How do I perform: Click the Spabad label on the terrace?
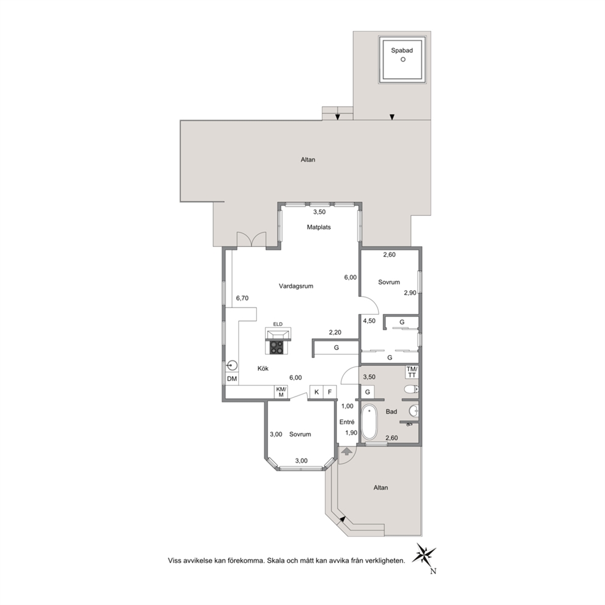pos(402,51)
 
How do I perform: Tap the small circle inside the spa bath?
pos(403,59)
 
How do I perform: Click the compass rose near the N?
pos(424,554)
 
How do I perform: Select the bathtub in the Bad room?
pos(369,421)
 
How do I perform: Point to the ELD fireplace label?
pos(278,324)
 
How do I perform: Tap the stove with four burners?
pos(276,347)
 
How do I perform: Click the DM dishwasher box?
pos(232,379)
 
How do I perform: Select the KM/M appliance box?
pos(281,392)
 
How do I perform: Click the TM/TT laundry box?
pos(412,373)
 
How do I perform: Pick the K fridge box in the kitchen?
pos(317,392)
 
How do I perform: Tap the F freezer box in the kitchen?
pos(330,392)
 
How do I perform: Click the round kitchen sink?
pos(232,365)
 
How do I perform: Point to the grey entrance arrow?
pos(346,451)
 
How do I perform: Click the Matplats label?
pos(319,227)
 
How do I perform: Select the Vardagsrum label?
pos(296,286)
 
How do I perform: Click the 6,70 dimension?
pos(242,298)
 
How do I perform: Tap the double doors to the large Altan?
pos(251,239)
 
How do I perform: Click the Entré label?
pos(347,422)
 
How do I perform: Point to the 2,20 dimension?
pos(335,332)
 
